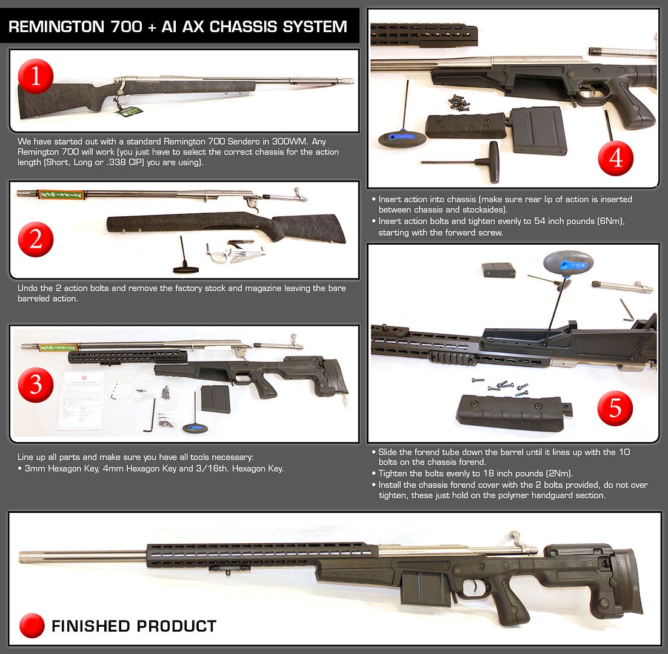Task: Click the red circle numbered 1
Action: click(36, 76)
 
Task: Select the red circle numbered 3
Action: click(36, 384)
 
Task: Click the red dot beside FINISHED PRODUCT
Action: click(32, 626)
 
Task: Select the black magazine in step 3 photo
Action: click(216, 400)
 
